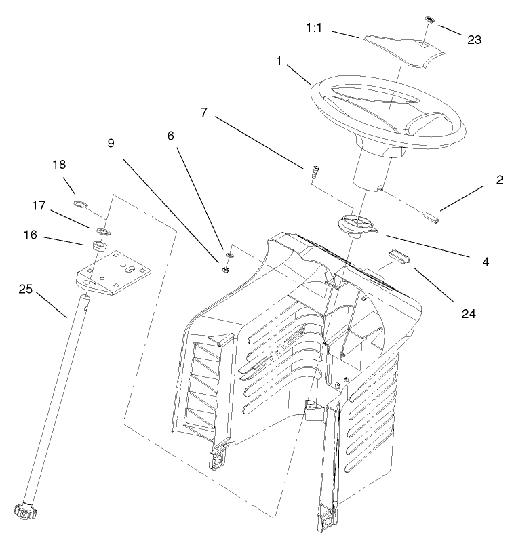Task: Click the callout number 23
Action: [474, 40]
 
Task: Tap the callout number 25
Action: [26, 290]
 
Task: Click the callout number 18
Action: [60, 165]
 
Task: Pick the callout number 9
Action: [111, 143]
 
